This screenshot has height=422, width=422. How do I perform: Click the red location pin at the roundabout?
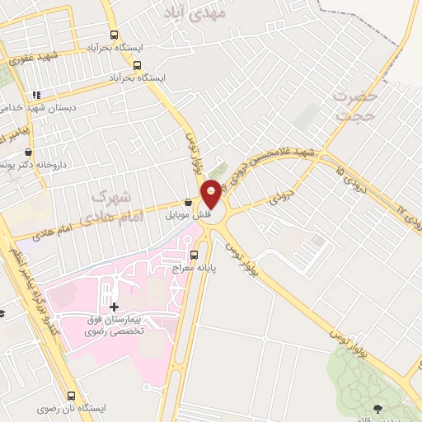pos(212,195)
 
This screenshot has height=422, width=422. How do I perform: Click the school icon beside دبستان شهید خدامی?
pos(35,95)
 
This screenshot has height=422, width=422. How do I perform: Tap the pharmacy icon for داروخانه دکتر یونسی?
pos(29,152)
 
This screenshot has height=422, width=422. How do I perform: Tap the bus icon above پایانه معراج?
pos(195,255)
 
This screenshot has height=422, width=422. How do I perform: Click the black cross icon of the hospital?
pos(114,307)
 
